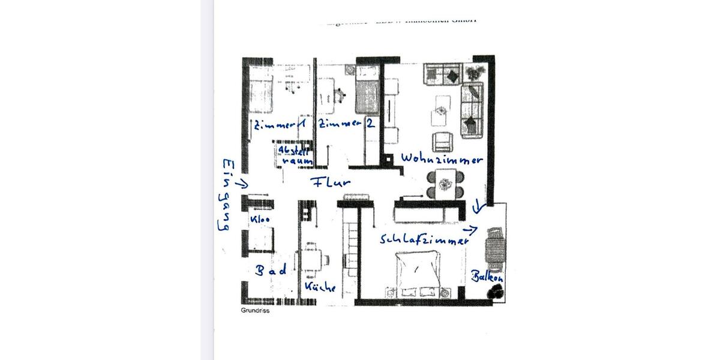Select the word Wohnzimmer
click(442, 160)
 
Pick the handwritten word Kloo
click(260, 220)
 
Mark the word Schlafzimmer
click(424, 239)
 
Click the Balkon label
click(487, 278)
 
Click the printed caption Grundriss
click(255, 311)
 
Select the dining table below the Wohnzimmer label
click(444, 182)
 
